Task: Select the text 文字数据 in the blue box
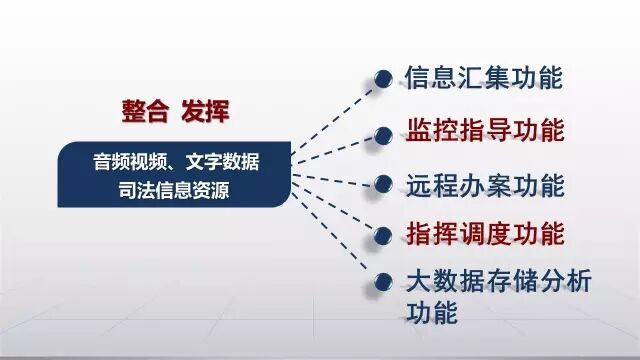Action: pos(226,160)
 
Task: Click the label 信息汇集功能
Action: pos(484,77)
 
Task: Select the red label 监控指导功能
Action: pos(484,131)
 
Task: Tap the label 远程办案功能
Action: pos(484,185)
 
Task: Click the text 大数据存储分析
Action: pos(498,281)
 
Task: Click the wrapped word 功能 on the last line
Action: pos(431,312)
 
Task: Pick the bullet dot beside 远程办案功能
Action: pos(382,185)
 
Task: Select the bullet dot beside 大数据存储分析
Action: pos(382,282)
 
